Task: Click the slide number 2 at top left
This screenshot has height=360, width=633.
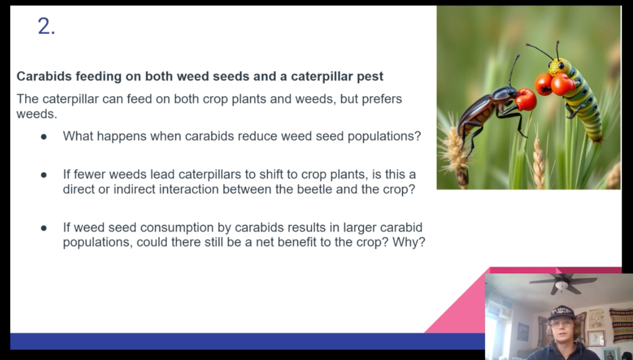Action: (x=46, y=26)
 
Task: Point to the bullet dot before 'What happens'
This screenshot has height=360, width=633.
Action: (x=43, y=137)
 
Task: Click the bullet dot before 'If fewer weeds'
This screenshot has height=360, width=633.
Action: (x=43, y=175)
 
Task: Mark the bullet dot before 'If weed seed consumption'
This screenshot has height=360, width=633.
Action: (x=43, y=228)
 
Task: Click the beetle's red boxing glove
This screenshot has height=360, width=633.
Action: (x=525, y=99)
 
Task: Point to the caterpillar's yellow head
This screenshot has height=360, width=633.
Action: (x=559, y=66)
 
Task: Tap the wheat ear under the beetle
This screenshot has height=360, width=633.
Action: (x=454, y=152)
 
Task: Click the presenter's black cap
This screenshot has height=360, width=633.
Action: (x=561, y=313)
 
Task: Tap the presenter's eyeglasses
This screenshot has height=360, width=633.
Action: (x=561, y=323)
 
